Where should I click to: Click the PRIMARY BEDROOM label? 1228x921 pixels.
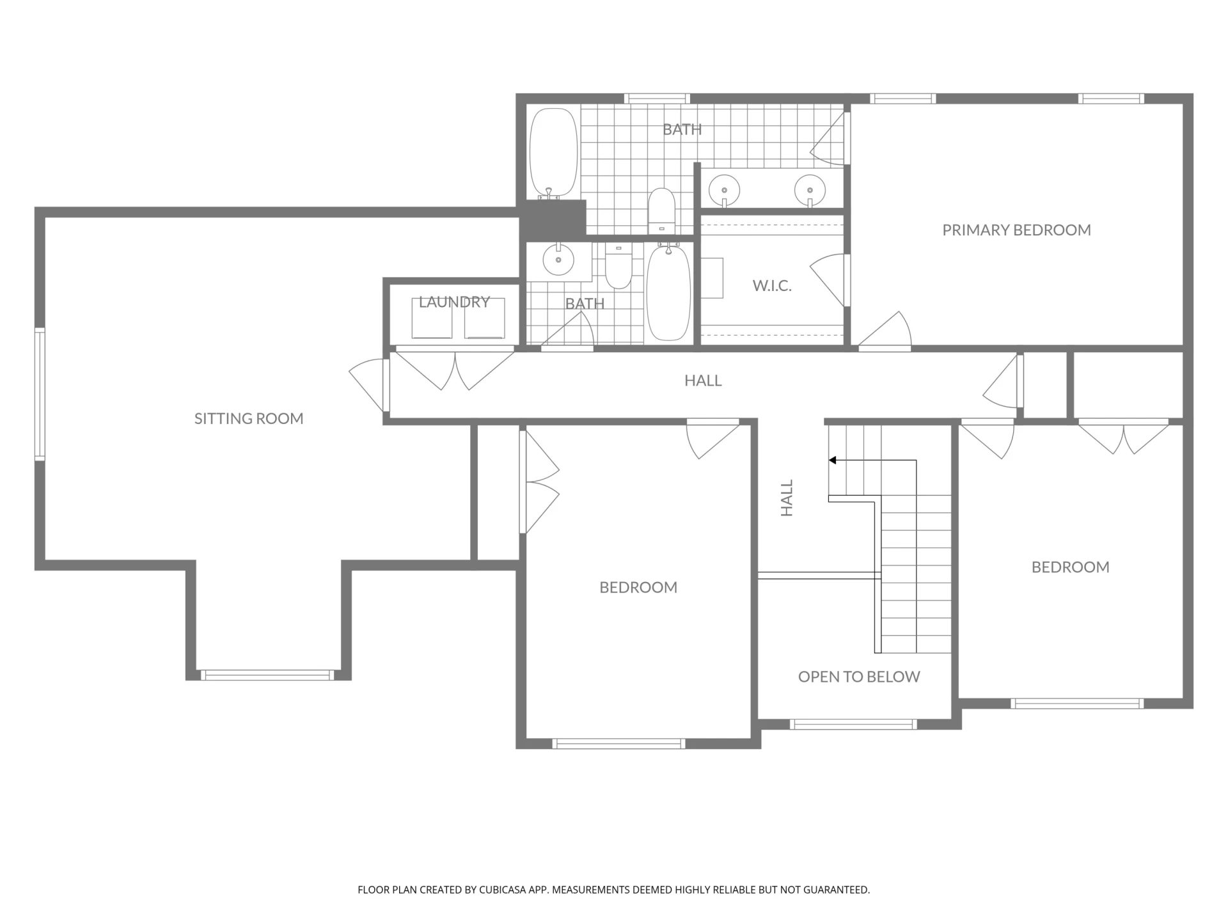(x=1016, y=230)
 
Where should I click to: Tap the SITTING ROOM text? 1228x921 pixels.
(x=249, y=418)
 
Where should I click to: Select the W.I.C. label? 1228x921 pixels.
(x=772, y=286)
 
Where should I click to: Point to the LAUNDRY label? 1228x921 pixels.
(x=454, y=302)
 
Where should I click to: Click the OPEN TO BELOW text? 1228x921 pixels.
(x=859, y=677)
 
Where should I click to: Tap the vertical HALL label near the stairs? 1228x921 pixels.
(x=787, y=498)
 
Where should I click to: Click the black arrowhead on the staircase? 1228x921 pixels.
(x=833, y=460)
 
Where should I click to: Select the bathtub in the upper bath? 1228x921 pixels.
(x=554, y=153)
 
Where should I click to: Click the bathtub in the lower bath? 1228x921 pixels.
(x=668, y=292)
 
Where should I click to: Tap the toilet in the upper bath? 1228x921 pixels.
(x=662, y=210)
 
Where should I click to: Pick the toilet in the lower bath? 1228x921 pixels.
(x=618, y=267)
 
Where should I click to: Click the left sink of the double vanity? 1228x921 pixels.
(x=724, y=190)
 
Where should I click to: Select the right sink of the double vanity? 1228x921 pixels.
(x=810, y=190)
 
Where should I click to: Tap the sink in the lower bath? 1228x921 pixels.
(x=558, y=260)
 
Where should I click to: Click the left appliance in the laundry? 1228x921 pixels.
(x=432, y=318)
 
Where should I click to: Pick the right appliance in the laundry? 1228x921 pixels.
(x=484, y=318)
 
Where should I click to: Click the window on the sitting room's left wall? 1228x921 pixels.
(x=40, y=394)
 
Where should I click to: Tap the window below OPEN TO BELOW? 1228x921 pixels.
(x=854, y=724)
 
